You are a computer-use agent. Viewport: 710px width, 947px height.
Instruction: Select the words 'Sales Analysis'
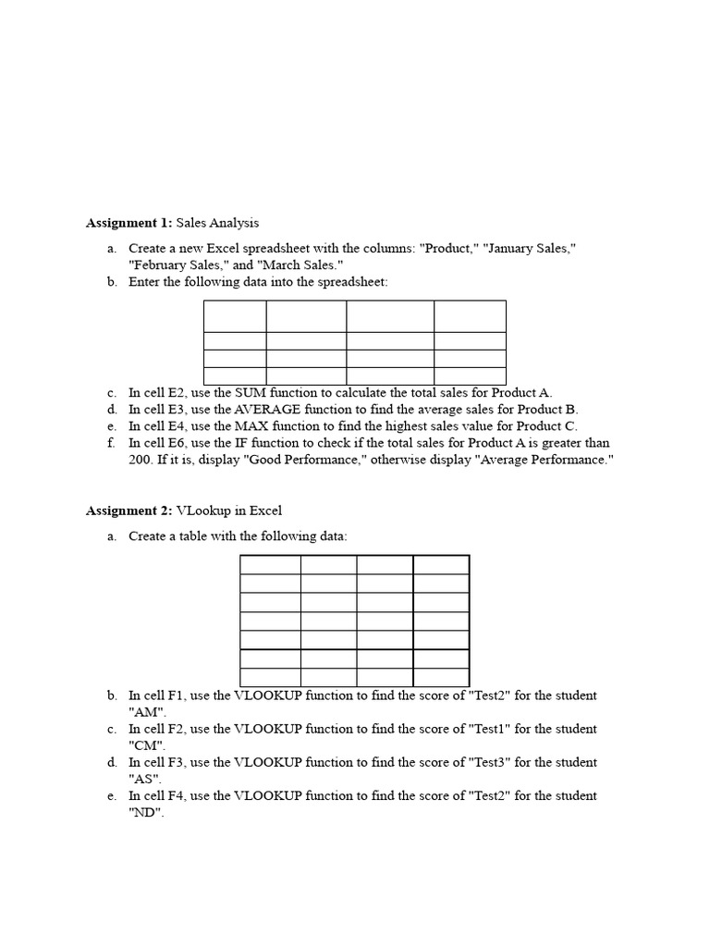point(217,223)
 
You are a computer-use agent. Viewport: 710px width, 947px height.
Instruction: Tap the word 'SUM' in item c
point(252,393)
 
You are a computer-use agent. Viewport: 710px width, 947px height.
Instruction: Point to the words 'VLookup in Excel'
point(236,510)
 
